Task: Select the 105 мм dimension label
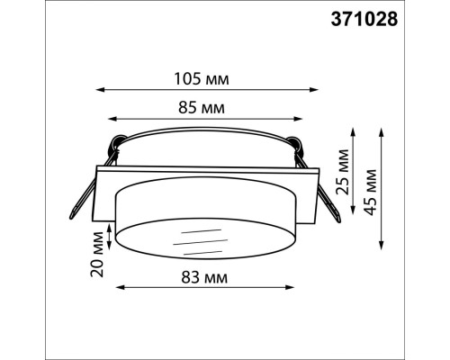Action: (204, 79)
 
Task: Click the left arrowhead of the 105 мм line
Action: (97, 90)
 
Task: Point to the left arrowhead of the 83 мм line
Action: (115, 289)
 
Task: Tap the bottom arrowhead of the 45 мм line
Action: (384, 250)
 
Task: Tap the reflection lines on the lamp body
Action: (199, 241)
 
